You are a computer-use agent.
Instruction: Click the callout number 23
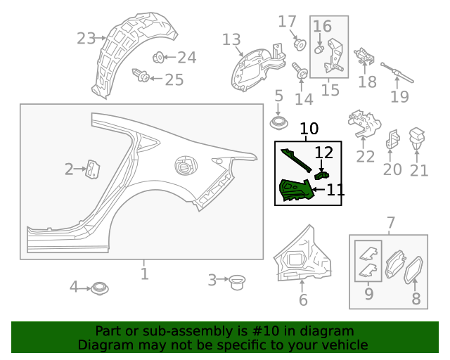pos(86,38)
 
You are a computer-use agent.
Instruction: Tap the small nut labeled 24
pos(158,57)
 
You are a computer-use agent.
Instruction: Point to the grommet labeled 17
pos(300,44)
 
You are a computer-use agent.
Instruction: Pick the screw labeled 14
pos(298,70)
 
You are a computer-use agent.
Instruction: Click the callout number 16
pos(322,27)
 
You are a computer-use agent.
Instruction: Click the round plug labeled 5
pos(280,123)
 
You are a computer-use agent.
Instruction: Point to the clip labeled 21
pos(419,136)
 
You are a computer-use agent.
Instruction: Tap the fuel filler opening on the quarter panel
pos(184,166)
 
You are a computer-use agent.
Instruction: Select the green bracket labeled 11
pos(295,191)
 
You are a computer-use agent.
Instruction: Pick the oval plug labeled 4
pos(98,287)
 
